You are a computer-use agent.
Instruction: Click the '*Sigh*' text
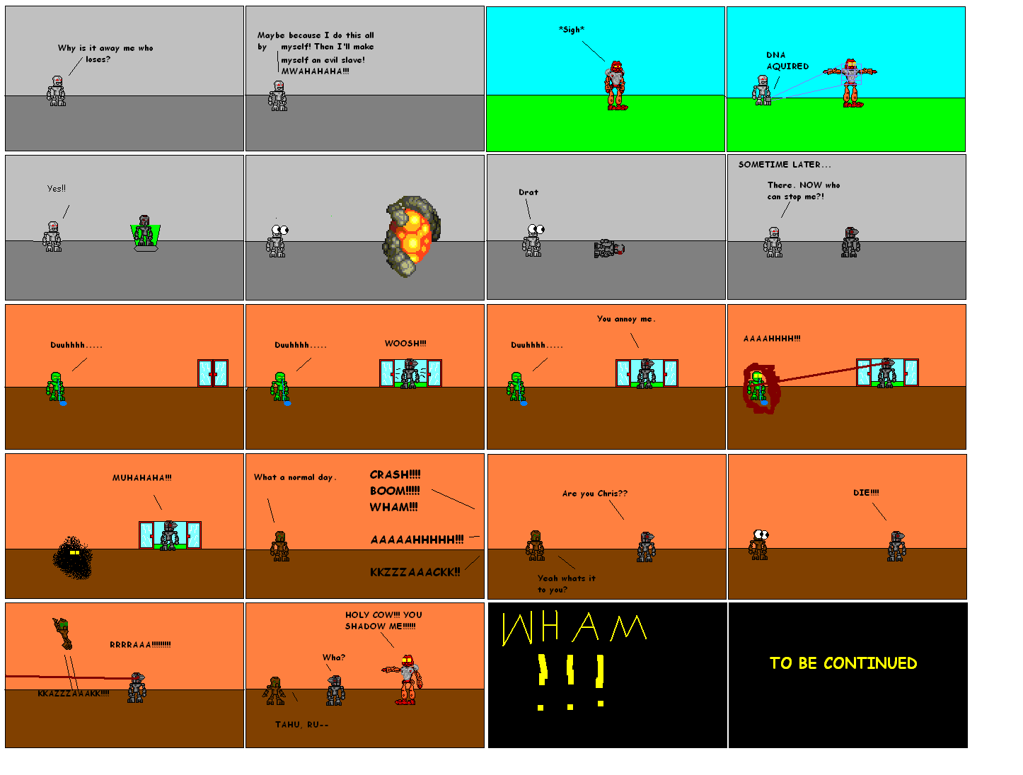coord(571,30)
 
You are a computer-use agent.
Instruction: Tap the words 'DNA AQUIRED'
coord(787,61)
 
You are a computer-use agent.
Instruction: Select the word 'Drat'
coord(528,192)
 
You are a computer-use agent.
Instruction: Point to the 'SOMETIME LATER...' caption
coord(784,165)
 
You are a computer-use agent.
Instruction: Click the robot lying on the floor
coord(609,248)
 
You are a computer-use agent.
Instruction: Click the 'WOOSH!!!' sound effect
coord(405,344)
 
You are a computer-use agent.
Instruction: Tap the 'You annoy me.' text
coord(625,319)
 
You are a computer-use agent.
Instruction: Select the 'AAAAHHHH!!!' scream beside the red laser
coord(771,339)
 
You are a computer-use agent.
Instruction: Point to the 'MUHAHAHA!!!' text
coord(141,478)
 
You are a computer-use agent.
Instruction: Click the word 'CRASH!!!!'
coord(395,474)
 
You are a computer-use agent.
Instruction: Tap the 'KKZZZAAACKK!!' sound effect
coord(415,572)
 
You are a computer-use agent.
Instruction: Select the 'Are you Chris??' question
coord(594,494)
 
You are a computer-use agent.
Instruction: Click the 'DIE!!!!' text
coord(865,493)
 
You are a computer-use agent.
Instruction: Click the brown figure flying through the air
coord(63,632)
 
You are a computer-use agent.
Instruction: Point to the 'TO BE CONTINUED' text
coord(843,663)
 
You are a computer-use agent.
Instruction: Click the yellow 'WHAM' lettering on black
coord(573,628)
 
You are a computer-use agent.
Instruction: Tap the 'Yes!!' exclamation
coord(56,189)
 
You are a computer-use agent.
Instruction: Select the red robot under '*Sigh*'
coord(616,86)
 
